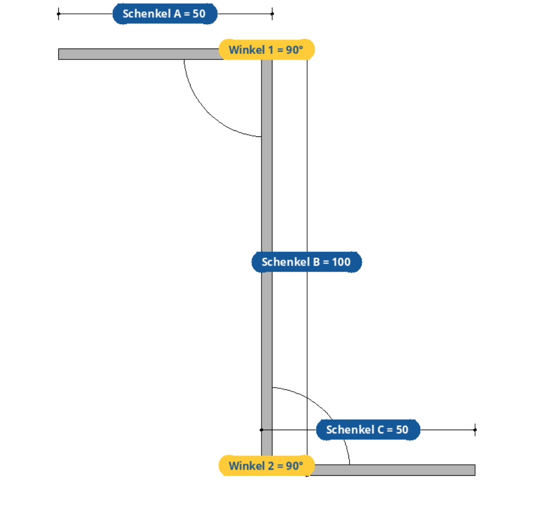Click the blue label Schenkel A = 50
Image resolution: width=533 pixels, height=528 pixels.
[x=165, y=14]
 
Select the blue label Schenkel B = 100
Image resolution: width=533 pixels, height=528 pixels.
[x=307, y=262]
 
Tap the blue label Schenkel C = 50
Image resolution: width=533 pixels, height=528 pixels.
[x=368, y=430]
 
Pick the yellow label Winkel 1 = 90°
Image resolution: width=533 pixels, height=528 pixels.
[x=267, y=50]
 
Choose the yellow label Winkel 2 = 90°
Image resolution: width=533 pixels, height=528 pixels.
[x=267, y=465]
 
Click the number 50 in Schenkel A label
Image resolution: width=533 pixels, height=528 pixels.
[x=199, y=14]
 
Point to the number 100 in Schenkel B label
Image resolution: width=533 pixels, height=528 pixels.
[x=341, y=262]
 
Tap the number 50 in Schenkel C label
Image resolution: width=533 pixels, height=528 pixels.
[x=402, y=430]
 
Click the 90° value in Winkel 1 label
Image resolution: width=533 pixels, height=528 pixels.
[x=295, y=50]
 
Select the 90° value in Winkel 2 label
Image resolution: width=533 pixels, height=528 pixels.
[x=295, y=466]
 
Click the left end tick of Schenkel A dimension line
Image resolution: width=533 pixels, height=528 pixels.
[x=58, y=14]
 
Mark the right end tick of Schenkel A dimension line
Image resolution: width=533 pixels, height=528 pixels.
[x=272, y=14]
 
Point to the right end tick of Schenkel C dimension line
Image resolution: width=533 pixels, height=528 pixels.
[x=475, y=430]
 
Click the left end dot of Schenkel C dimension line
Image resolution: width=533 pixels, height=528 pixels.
[x=262, y=430]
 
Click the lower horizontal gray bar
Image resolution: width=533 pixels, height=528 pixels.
[x=393, y=470]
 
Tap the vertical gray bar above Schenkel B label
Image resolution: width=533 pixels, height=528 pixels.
[x=267, y=156]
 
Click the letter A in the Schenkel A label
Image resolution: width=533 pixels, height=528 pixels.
[x=177, y=14]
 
